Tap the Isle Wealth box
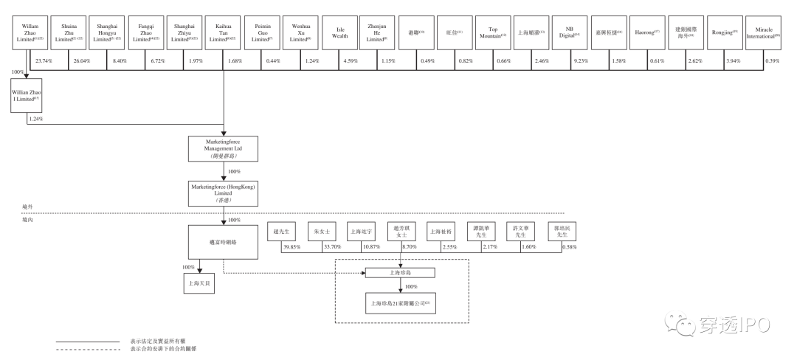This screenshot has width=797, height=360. click(340, 34)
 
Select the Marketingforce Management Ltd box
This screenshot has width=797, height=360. click(224, 148)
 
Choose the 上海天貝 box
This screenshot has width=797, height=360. click(201, 283)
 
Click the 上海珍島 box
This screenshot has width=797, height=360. click(400, 273)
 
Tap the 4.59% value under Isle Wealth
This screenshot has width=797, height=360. click(353, 60)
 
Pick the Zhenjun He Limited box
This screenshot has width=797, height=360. click(379, 34)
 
